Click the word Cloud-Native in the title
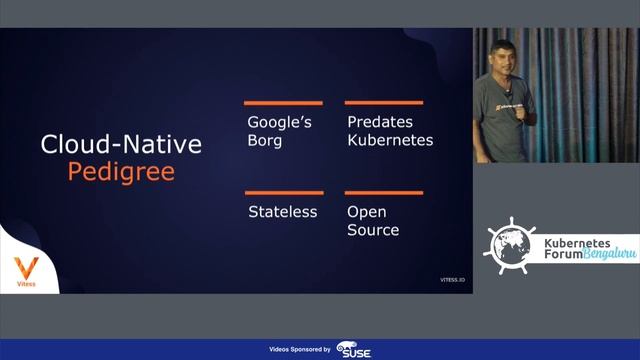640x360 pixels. tap(121, 144)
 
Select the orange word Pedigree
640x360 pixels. tap(121, 171)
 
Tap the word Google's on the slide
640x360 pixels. tap(280, 122)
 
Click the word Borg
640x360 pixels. tap(265, 140)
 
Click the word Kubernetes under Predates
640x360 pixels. tap(390, 140)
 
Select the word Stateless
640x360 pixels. tap(282, 212)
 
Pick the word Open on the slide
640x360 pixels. tap(367, 212)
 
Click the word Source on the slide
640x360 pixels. tap(373, 230)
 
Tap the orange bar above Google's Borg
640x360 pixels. tap(284, 103)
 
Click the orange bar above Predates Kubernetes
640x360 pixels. tap(384, 103)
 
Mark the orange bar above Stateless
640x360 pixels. tap(284, 193)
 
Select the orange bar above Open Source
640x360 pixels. tap(384, 193)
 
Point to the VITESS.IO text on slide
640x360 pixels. tap(454, 281)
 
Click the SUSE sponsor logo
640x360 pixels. tap(355, 349)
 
